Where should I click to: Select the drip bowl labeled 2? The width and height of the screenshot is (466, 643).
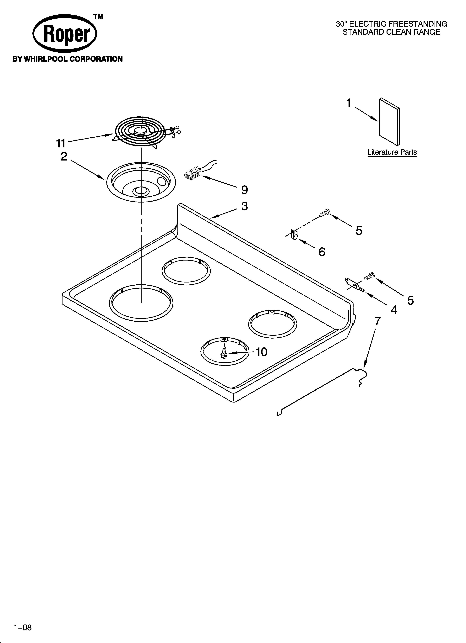(141, 182)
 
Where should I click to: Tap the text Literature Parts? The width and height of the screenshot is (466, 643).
(392, 152)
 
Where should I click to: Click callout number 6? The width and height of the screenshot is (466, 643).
(322, 251)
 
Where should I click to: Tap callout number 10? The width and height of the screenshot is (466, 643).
(261, 352)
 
